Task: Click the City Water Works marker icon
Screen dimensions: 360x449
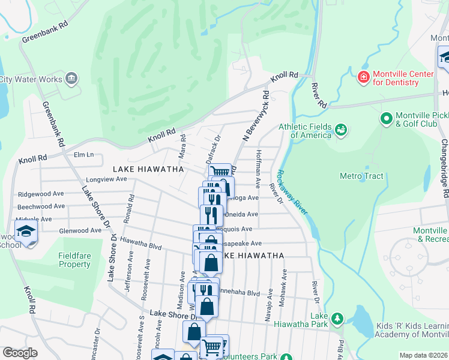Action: point(71,78)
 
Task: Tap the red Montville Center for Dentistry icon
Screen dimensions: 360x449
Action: point(363,77)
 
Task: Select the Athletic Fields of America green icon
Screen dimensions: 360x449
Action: point(341,130)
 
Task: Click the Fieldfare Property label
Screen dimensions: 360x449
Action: point(74,260)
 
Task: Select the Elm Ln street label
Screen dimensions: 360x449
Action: point(83,155)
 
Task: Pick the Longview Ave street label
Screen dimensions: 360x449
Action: point(90,179)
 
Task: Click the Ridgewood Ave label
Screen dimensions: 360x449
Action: point(41,194)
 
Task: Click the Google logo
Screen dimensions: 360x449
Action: point(20,353)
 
